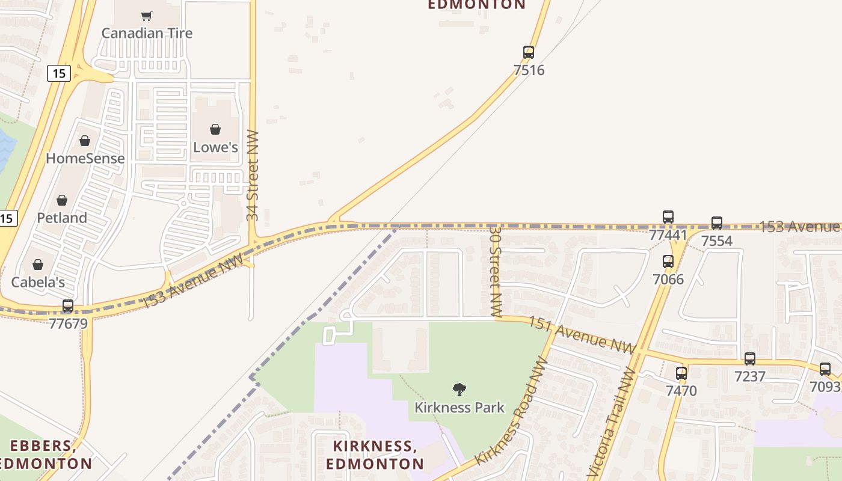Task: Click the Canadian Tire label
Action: pos(147,33)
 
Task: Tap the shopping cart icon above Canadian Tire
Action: pos(147,16)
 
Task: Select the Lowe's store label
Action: pos(215,147)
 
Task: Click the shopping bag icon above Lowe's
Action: pos(215,129)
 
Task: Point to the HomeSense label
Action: pos(85,159)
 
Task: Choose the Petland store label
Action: pos(62,218)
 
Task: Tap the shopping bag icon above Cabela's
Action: pos(38,265)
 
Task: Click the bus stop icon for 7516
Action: pos(529,52)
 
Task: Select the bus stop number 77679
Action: pos(68,323)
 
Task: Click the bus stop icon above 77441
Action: pos(668,217)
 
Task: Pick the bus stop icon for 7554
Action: pos(717,223)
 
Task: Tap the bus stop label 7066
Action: pos(668,279)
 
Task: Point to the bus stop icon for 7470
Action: pos(681,373)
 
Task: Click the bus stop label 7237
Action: pos(749,376)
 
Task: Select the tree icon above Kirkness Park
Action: pos(459,390)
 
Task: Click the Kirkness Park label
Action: pos(459,408)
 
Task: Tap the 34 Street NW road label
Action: pos(253,175)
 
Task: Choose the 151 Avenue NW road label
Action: pos(582,335)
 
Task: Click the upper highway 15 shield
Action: pos(59,73)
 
